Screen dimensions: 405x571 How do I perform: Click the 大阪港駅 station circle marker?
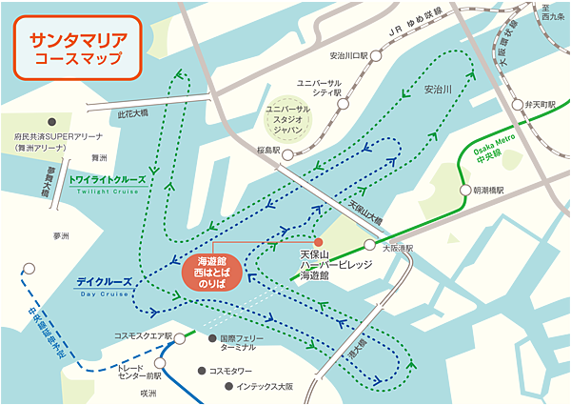pyautogui.click(x=368, y=243)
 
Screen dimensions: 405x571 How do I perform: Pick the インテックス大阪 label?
pyautogui.click(x=264, y=386)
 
